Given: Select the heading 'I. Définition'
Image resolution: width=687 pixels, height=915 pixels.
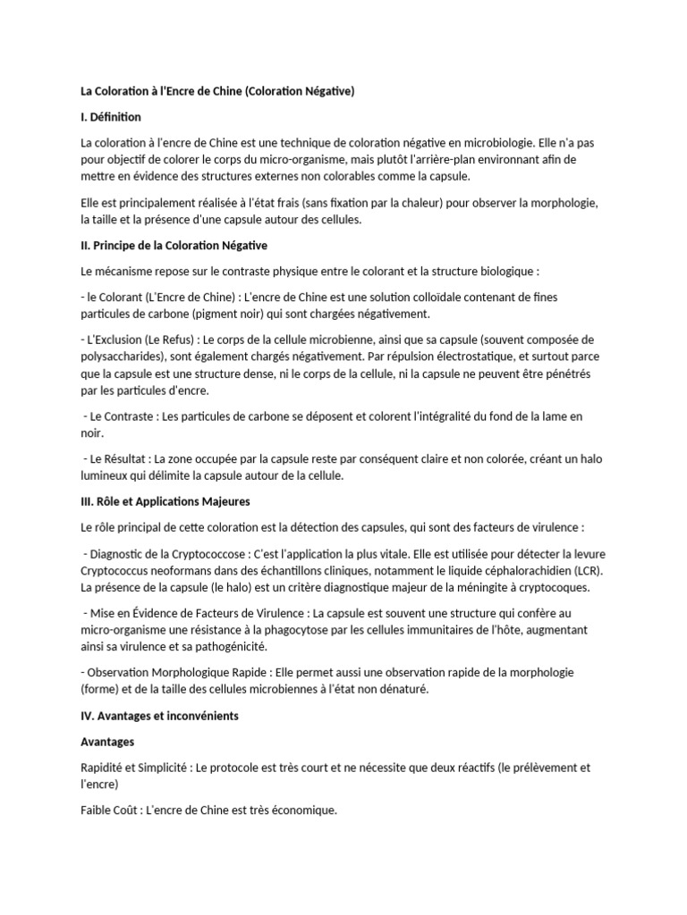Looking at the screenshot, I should click(111, 117).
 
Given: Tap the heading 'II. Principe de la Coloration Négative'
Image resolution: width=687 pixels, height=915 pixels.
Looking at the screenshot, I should click(174, 245).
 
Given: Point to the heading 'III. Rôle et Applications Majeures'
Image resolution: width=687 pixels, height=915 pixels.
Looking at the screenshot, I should click(165, 501).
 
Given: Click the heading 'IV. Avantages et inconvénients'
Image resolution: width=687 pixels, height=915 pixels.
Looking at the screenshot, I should click(159, 716).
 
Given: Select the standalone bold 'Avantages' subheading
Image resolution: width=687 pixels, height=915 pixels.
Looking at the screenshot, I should click(107, 742).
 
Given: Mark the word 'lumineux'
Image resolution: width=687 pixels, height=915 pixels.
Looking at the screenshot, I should click(105, 476).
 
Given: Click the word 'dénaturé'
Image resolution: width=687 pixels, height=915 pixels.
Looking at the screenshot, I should click(403, 690).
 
